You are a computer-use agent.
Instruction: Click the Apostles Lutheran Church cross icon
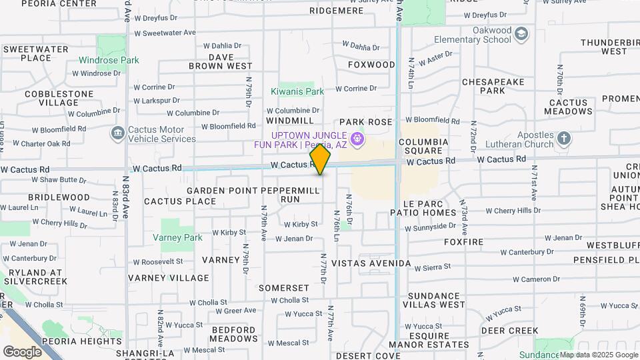564,139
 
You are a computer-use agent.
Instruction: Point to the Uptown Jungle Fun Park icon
357,139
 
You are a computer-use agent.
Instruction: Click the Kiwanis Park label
297,91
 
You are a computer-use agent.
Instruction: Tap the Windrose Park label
109,60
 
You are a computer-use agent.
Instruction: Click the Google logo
22,351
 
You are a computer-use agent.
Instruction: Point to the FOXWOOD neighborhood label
371,65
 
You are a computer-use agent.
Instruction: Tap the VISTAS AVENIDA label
371,263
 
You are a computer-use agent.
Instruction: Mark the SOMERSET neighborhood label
284,288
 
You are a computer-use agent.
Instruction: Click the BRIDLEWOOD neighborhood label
59,197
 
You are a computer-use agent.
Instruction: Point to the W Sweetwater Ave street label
165,33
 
